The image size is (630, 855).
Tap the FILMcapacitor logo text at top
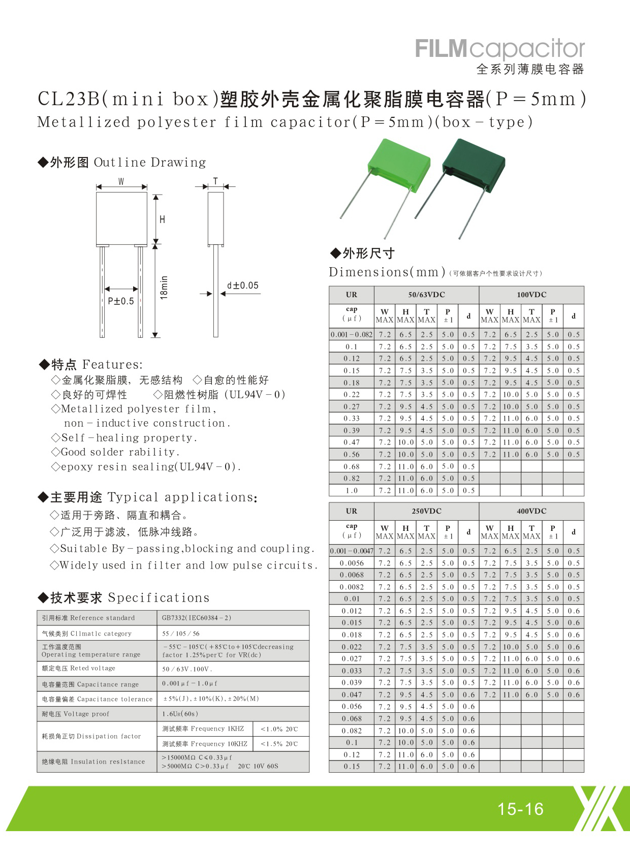click(x=500, y=49)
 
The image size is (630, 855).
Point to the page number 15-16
click(x=520, y=808)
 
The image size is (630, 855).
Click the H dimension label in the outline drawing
click(x=163, y=219)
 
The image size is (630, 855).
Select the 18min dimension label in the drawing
click(x=164, y=288)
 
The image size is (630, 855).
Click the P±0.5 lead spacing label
click(x=121, y=301)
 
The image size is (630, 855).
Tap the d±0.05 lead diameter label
click(x=242, y=286)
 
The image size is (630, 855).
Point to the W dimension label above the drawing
click(x=121, y=181)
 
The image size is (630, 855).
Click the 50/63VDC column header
click(x=426, y=295)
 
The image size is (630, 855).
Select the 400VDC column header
click(x=531, y=511)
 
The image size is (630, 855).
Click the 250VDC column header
click(x=426, y=511)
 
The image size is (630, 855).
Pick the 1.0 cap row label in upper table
click(x=352, y=490)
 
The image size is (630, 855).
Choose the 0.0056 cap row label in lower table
click(x=352, y=563)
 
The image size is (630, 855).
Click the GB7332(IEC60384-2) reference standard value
click(x=197, y=618)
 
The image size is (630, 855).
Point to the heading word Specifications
click(x=159, y=597)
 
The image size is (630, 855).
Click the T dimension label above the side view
click(x=215, y=181)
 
